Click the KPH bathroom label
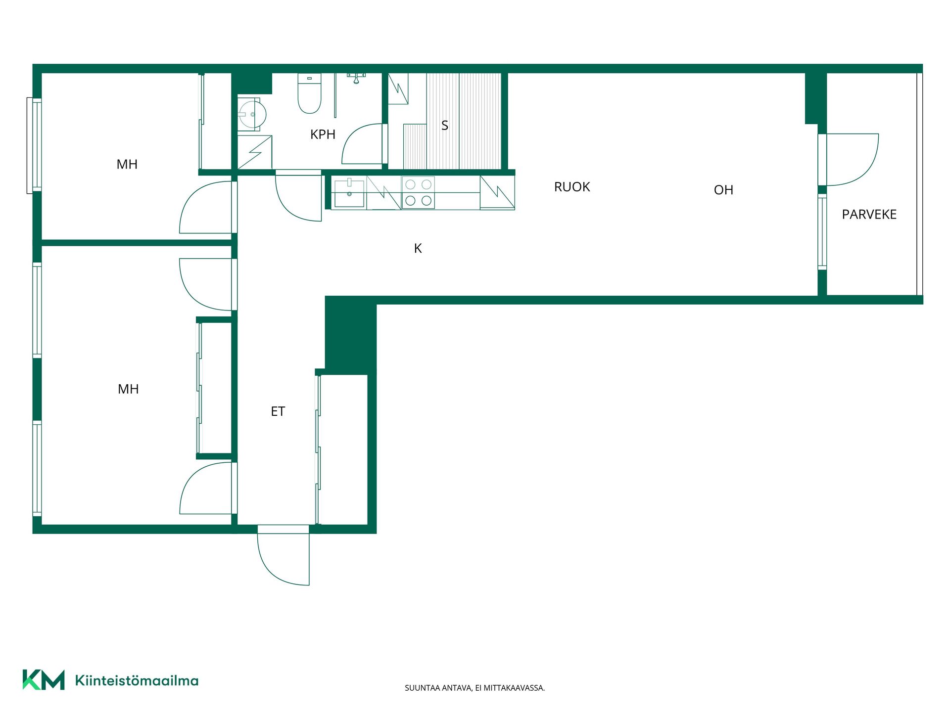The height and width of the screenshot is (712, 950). tap(323, 134)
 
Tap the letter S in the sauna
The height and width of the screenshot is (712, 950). tap(445, 126)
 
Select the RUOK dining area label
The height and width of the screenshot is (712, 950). tap(572, 187)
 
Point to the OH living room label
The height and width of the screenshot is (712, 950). tap(723, 190)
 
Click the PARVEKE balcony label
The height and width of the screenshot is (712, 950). tap(869, 215)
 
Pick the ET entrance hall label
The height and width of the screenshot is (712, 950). tap(278, 411)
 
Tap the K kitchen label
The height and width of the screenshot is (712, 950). tap(418, 248)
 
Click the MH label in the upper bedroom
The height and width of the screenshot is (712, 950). tap(127, 164)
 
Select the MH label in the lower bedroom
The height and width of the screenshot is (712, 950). tap(128, 389)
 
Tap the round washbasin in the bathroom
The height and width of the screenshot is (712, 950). tap(252, 114)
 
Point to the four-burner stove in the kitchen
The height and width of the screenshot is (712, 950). tap(418, 192)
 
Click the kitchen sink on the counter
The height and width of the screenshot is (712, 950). tap(349, 193)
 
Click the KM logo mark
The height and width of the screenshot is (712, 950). tap(44, 680)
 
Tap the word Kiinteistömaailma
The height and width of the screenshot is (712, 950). tap(137, 680)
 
